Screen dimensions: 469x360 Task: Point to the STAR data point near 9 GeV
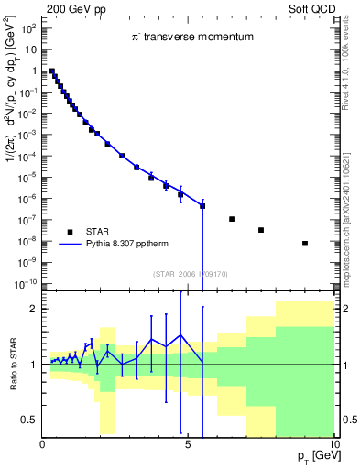pos(305,243)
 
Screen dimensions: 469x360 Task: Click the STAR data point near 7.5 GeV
pos(261,230)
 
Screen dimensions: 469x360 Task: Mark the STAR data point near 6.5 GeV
pos(232,219)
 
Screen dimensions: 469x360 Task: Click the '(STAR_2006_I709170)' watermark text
pos(190,271)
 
